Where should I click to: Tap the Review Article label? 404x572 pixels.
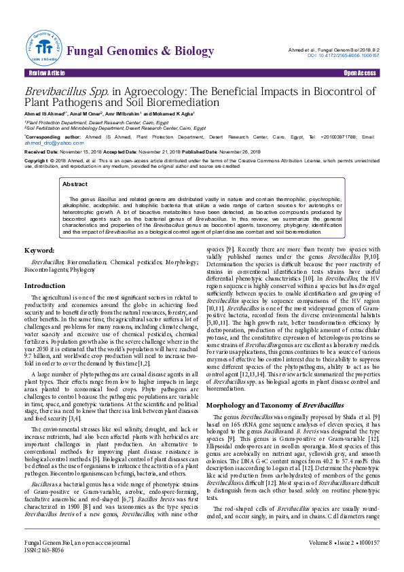point(46,73)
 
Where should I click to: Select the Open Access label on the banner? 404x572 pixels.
point(360,73)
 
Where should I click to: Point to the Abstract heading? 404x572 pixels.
point(75,184)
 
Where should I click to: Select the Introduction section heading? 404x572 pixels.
point(45,286)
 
